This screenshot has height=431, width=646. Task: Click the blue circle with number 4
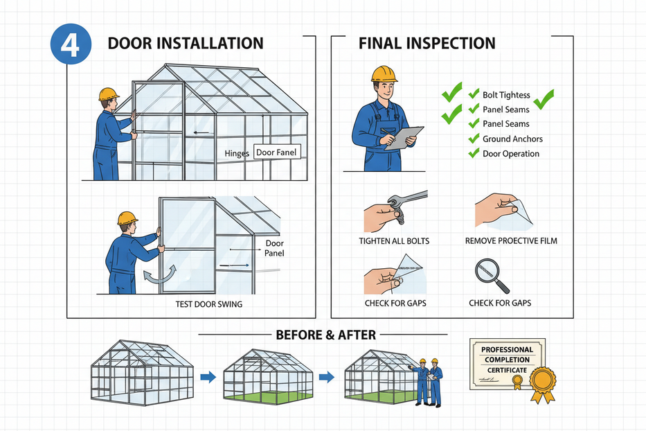pyautogui.click(x=71, y=44)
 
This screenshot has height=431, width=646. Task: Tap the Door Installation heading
pyautogui.click(x=186, y=43)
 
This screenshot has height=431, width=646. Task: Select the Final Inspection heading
pyautogui.click(x=427, y=43)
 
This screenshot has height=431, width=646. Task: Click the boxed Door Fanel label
pyautogui.click(x=276, y=152)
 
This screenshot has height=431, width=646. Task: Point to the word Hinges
pyautogui.click(x=237, y=153)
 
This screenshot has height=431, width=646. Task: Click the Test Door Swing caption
pyautogui.click(x=209, y=304)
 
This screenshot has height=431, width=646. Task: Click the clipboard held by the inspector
pyautogui.click(x=404, y=138)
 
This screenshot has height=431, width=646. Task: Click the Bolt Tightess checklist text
pyautogui.click(x=506, y=95)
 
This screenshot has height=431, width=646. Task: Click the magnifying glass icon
pyautogui.click(x=492, y=276)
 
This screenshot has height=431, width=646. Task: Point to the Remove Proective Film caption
pyautogui.click(x=511, y=241)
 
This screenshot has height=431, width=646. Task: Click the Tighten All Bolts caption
pyautogui.click(x=394, y=241)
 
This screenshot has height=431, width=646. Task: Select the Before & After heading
pyautogui.click(x=326, y=335)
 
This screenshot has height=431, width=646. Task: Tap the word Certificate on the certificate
pyautogui.click(x=507, y=371)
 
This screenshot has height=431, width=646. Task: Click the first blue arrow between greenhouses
pyautogui.click(x=208, y=376)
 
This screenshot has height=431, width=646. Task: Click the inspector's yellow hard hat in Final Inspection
pyautogui.click(x=384, y=74)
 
